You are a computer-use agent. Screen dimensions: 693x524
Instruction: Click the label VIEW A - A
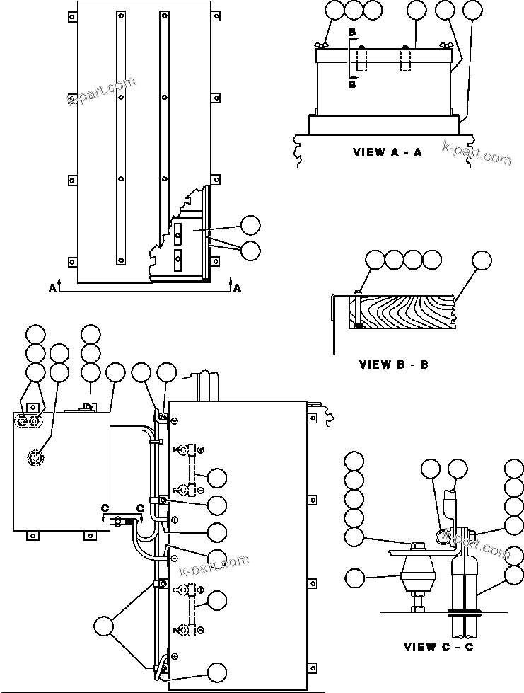point(387,152)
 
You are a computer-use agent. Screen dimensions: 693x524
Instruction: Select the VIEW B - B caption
point(393,365)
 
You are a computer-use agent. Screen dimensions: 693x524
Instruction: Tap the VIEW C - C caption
point(439,646)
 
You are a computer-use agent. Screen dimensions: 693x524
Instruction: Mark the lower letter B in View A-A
point(351,84)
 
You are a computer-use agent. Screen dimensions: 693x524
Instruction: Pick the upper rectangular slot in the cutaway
point(177,231)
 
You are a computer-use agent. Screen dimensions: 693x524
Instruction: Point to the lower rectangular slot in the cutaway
point(177,257)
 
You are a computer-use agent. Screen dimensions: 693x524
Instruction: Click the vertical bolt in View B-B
point(359,309)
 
